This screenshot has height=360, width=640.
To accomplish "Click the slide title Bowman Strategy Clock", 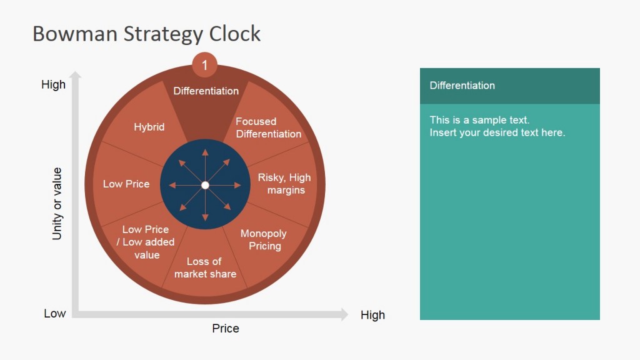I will click(146, 34).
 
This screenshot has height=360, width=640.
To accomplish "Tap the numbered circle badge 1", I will click(204, 64).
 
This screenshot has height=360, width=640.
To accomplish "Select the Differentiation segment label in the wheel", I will click(206, 91).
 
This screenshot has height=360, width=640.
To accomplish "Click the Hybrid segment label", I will click(149, 127).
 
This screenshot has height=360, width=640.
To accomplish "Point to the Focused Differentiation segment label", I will click(268, 127).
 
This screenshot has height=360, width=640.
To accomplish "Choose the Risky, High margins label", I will click(284, 184).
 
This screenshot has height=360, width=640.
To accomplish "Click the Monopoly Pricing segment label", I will click(264, 239).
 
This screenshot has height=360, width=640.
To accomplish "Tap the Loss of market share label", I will click(205, 267).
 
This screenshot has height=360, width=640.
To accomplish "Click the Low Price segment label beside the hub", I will click(126, 184).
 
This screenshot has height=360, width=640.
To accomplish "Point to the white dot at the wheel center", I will click(205, 185).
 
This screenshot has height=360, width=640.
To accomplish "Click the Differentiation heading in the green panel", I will click(462, 86).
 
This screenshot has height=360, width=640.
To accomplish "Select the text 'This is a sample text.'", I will click(479, 120).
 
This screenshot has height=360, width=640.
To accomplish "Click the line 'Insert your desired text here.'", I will click(497, 132).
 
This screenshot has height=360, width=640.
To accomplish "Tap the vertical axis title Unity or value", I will click(57, 204).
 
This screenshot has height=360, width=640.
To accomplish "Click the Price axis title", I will click(225, 328).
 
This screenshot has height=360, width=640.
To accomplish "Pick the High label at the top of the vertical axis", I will click(53, 84).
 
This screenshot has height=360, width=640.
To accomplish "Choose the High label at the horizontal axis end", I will click(372, 315).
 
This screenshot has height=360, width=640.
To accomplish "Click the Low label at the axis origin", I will click(54, 313).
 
